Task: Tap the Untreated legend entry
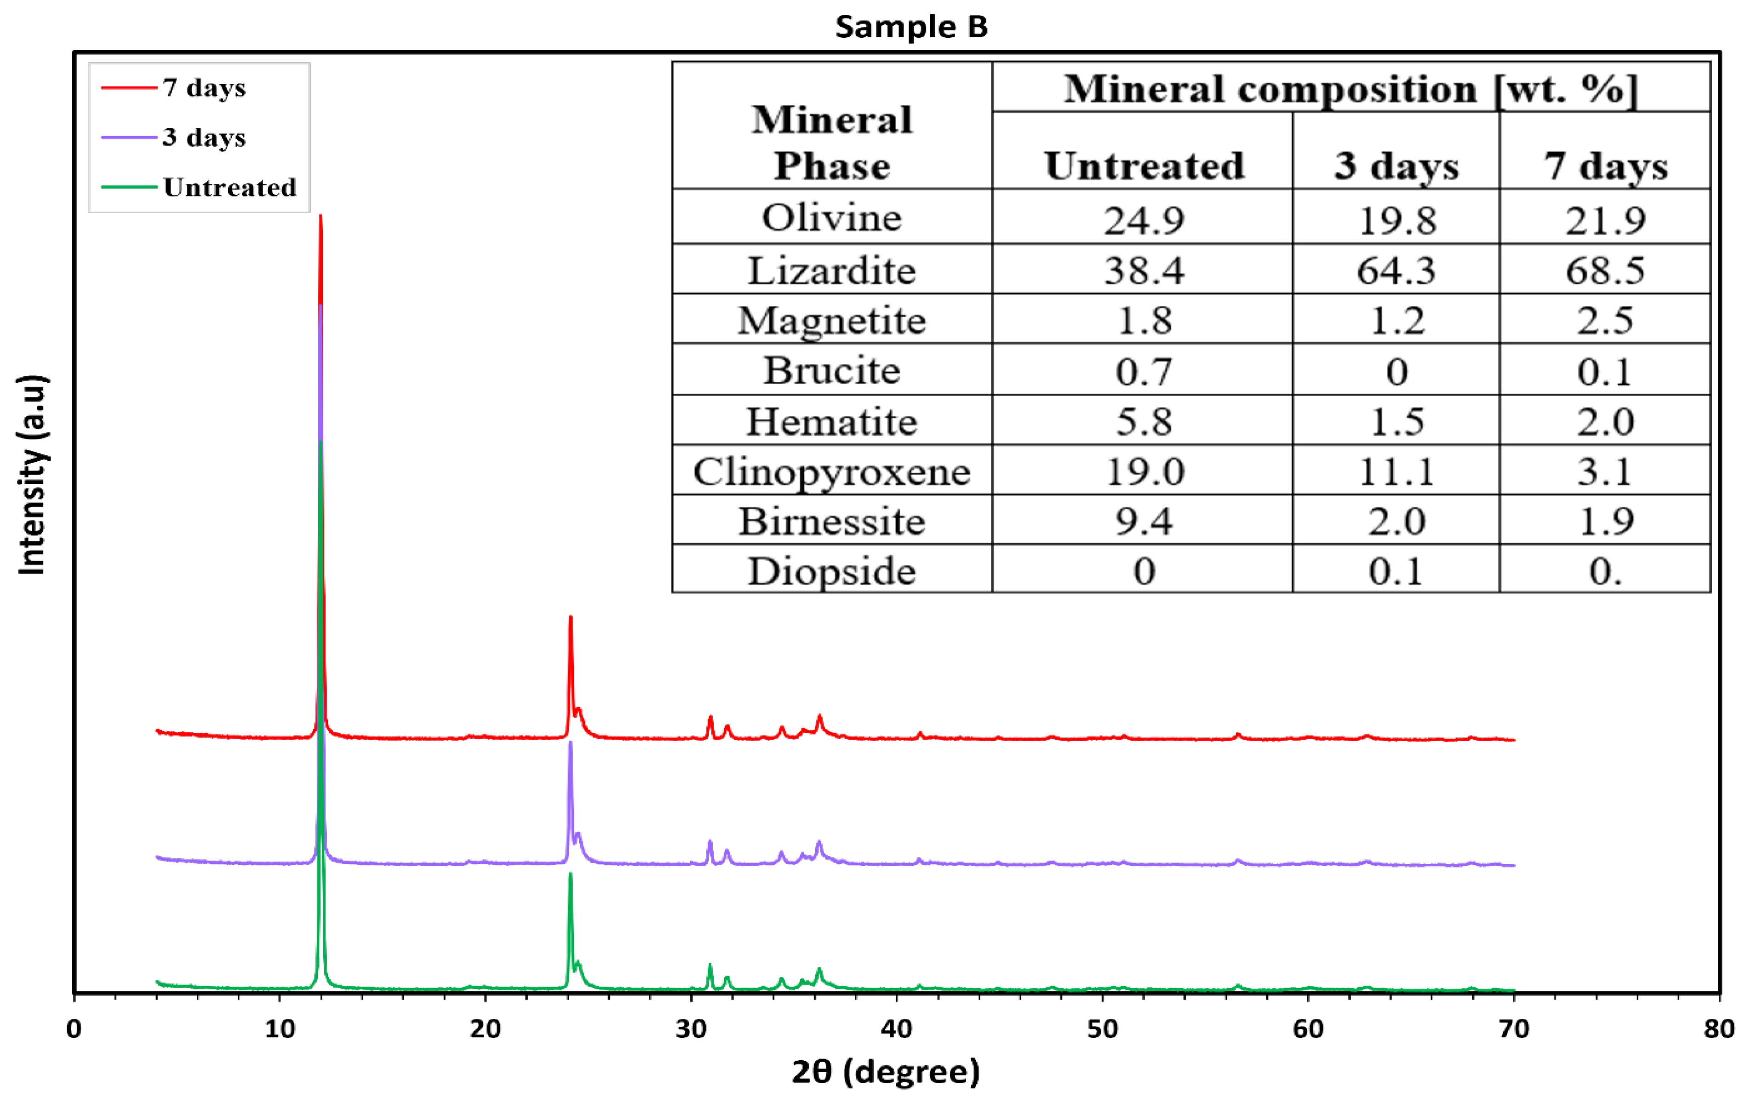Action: point(229,187)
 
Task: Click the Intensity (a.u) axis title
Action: point(32,475)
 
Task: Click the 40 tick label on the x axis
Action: point(897,1029)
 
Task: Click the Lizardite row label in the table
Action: point(832,270)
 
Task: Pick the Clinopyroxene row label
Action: point(832,471)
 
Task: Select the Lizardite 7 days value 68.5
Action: point(1605,270)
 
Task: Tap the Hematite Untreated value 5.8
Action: point(1144,421)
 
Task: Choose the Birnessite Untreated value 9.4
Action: point(1144,521)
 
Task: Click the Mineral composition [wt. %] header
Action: point(1350,89)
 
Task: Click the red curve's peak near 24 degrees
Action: point(571,617)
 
